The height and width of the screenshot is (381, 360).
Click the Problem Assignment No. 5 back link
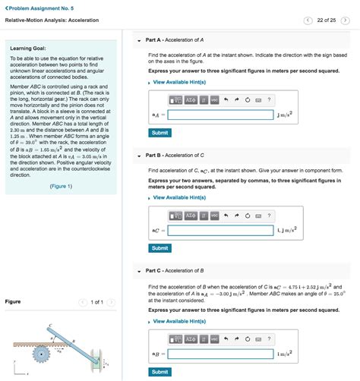click(x=33, y=6)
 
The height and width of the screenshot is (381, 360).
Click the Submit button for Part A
click(x=159, y=133)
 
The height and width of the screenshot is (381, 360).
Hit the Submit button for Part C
click(x=159, y=372)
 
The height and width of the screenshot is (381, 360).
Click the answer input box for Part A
click(x=220, y=115)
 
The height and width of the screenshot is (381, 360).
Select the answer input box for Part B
click(x=220, y=230)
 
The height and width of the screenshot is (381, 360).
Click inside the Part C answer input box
click(x=220, y=354)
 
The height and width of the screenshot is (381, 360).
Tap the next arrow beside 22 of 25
click(x=346, y=20)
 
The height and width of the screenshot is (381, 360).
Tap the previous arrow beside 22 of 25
click(x=308, y=20)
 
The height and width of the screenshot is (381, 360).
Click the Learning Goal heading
click(x=31, y=47)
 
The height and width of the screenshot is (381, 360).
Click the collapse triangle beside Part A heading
click(x=140, y=40)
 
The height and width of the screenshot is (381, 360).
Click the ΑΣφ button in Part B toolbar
click(x=191, y=215)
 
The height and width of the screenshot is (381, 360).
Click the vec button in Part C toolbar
click(x=215, y=338)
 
